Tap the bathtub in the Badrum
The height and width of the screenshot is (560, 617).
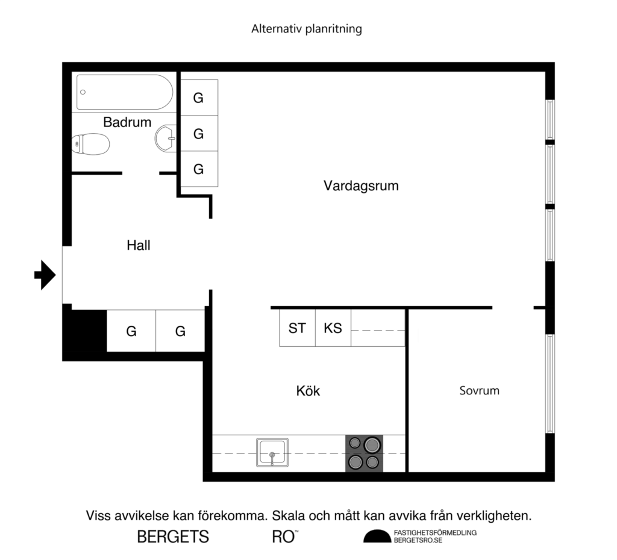point(125,92)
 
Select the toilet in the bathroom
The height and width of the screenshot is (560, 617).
point(90,145)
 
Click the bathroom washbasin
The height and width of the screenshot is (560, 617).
point(166,138)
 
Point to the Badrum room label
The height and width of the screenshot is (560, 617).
point(127,122)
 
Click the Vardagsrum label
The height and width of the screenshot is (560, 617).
point(361,185)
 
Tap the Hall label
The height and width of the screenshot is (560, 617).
point(139,246)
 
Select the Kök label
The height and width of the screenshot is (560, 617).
point(308,391)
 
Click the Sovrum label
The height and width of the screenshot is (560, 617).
point(480,391)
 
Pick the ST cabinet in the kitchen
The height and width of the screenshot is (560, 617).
point(297,328)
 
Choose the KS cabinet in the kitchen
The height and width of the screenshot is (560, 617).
point(333,328)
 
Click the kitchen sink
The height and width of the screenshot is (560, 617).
point(272,453)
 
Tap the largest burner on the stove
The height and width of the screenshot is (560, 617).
point(372,445)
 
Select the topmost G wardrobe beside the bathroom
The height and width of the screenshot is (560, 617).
point(199,98)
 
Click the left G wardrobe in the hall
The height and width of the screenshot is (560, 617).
point(131,331)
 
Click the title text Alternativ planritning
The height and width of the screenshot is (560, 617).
point(307,29)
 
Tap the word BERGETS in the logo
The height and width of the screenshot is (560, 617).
point(173,537)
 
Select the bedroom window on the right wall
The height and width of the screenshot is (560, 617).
point(550,384)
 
